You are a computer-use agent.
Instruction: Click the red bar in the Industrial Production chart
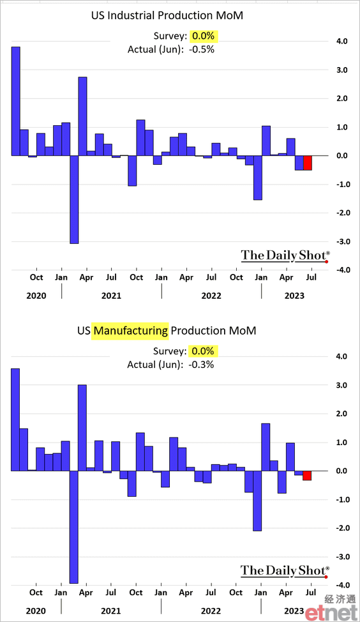[308, 163]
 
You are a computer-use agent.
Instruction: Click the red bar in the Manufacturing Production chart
[307, 475]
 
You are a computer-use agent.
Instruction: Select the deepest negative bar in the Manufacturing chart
[74, 527]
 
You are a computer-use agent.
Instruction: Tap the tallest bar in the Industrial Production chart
[15, 101]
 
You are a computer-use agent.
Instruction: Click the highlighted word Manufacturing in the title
[130, 330]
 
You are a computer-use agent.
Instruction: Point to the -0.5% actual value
[202, 49]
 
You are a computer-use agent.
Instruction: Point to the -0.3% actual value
[202, 365]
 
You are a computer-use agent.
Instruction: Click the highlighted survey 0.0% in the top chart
[204, 36]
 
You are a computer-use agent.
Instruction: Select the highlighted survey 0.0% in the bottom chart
[203, 351]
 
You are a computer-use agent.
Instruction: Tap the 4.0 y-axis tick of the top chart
[341, 42]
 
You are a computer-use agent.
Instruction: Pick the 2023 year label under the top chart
[294, 296]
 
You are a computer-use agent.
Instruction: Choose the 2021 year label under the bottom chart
[110, 611]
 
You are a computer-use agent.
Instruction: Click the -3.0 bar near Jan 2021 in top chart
[74, 199]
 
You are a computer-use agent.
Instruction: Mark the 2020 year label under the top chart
[36, 296]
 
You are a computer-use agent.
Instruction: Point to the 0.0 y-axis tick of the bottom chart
[341, 471]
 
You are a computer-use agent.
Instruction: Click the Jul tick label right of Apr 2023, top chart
[311, 277]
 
